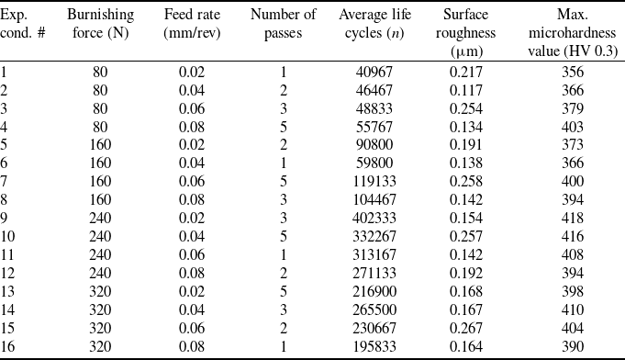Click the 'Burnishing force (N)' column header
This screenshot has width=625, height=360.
(x=100, y=24)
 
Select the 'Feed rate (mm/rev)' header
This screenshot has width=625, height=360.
(x=192, y=24)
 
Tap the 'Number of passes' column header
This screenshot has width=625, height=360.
(x=283, y=24)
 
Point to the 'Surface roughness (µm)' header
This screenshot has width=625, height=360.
(x=465, y=33)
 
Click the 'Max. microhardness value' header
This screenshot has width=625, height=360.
(x=573, y=33)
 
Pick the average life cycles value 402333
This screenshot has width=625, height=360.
(x=374, y=218)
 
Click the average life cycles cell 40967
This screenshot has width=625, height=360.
(x=374, y=73)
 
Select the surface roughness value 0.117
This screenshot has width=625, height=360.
(x=466, y=91)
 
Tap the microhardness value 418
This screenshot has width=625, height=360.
(x=573, y=218)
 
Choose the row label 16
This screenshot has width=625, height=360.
(x=7, y=346)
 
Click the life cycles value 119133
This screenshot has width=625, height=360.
(x=374, y=182)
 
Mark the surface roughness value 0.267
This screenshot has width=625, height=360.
(x=466, y=328)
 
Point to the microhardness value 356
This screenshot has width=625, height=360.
(x=573, y=73)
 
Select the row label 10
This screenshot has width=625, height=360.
(x=7, y=236)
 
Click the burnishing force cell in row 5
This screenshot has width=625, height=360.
(x=100, y=145)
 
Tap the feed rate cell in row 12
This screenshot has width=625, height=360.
(x=192, y=273)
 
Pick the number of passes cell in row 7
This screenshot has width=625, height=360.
(x=284, y=182)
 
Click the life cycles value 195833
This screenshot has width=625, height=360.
(x=374, y=346)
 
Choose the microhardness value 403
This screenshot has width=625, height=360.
(x=573, y=127)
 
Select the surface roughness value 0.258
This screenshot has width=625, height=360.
(x=466, y=182)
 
